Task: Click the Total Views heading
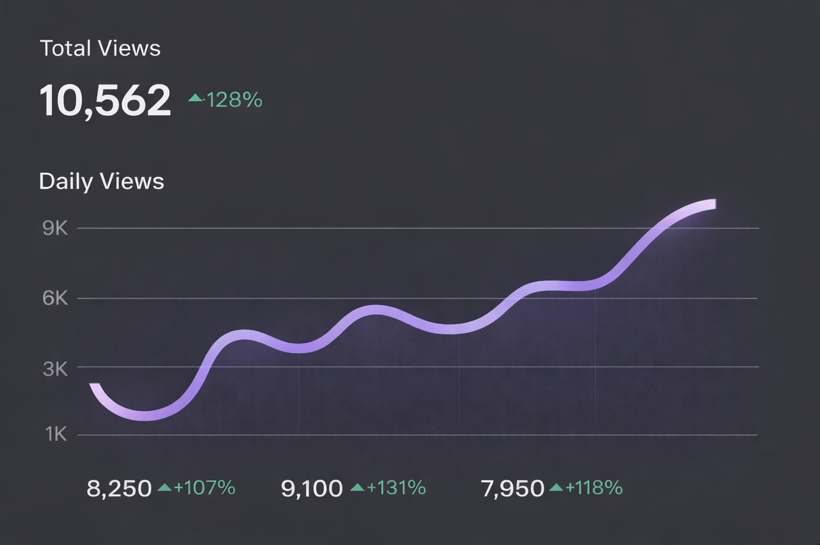point(100,48)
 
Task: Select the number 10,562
point(105,100)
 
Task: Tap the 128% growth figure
point(234,99)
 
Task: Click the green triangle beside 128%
point(195,97)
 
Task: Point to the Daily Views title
point(102,181)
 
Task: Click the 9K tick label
point(55,228)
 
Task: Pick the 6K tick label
point(55,299)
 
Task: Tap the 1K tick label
point(56,435)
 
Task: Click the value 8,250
point(119,489)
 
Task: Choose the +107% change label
point(204,488)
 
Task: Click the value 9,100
point(312,489)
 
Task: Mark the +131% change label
point(396,488)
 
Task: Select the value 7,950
point(513,489)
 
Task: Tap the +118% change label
point(594,488)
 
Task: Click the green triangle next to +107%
point(165,487)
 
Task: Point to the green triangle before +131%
point(357,487)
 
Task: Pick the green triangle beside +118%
point(556,487)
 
